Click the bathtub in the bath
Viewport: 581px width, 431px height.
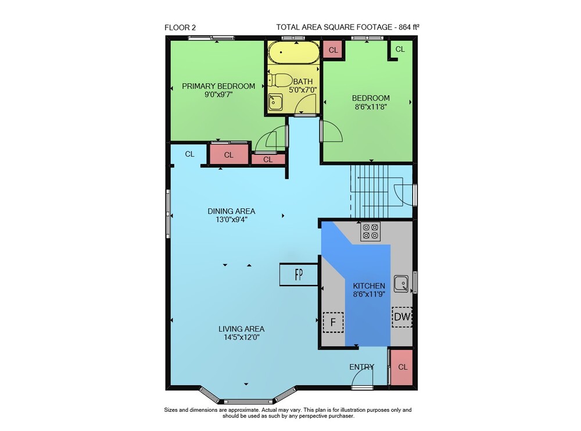point(293,52)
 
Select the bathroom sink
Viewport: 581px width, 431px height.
point(275,102)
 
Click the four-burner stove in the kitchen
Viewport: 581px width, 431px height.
point(371,231)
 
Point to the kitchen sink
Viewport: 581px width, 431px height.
point(401,284)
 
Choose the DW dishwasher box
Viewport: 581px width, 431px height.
point(402,317)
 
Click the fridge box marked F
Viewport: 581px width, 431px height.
point(333,322)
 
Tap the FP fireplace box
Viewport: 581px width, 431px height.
point(299,275)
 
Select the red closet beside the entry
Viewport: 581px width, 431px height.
point(403,367)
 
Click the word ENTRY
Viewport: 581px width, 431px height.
point(361,367)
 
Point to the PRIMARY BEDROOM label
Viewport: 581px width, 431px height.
point(218,86)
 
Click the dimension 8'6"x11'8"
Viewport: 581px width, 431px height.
point(371,107)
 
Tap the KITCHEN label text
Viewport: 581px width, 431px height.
point(369,286)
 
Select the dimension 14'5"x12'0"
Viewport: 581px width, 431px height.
point(241,337)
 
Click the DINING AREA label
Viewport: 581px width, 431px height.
point(231,211)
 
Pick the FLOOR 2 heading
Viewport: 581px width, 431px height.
point(180,27)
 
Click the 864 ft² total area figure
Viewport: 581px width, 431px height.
point(409,27)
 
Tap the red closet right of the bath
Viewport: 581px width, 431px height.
point(333,49)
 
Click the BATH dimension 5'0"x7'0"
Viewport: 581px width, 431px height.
point(303,90)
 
